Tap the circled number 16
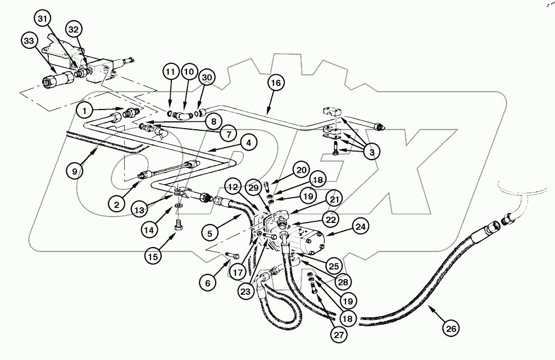[x=275, y=83]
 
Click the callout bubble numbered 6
[x=208, y=284]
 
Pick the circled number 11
[x=171, y=71]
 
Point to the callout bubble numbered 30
[x=207, y=77]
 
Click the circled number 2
[x=117, y=204]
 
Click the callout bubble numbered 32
[x=74, y=29]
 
